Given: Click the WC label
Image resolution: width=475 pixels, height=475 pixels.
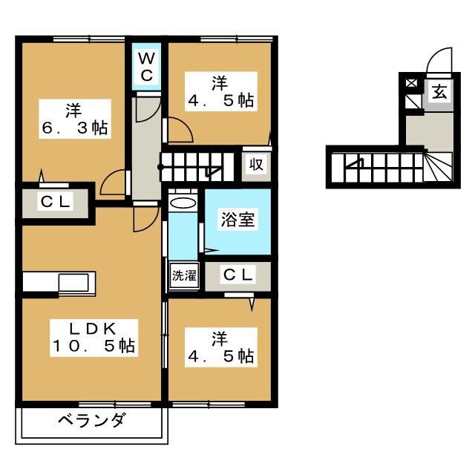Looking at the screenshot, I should click(x=147, y=67).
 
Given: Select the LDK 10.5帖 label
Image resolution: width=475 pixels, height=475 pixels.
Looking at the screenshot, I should click(x=93, y=336).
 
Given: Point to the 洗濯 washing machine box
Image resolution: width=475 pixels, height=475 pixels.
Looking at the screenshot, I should click(x=184, y=275).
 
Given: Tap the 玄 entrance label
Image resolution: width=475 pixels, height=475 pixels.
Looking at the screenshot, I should click(x=439, y=94).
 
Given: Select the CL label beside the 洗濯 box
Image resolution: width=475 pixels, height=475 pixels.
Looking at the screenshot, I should click(x=238, y=275).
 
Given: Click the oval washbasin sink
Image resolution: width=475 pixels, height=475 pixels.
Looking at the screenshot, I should click(x=183, y=203).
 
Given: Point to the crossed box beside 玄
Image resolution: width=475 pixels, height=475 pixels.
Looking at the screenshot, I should click(x=411, y=83).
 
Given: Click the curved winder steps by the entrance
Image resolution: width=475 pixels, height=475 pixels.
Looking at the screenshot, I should click(x=438, y=170).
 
